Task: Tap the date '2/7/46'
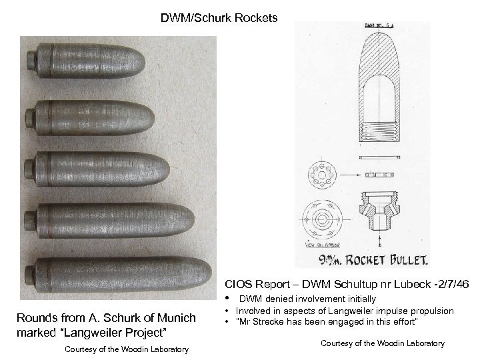tap(451, 285)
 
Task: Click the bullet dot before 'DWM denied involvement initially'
tap(230, 298)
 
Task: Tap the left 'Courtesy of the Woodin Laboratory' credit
tap(127, 349)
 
